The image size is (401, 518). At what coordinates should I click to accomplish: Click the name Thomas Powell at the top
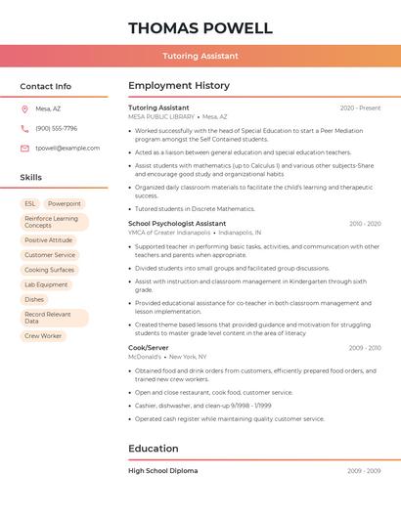pos(200,27)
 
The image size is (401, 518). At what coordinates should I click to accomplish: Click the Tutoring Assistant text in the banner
pos(200,56)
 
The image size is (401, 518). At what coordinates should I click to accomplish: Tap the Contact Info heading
pos(46,86)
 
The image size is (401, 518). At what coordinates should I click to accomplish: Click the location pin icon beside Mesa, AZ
pos(24,108)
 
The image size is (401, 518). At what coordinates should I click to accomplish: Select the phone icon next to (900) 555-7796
pos(24,128)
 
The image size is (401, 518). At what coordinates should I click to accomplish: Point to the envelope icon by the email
pos(24,148)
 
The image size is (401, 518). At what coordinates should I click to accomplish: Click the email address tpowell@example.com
pos(67,148)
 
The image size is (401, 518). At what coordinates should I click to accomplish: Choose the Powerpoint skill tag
pos(65,203)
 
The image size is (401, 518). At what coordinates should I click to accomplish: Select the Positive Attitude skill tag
pos(49,239)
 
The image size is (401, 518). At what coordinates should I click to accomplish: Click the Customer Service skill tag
pos(50,255)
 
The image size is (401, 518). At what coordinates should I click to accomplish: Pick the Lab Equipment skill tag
pos(46,284)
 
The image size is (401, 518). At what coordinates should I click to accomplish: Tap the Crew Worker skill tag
pos(43,335)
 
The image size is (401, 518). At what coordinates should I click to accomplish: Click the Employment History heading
pos(179,86)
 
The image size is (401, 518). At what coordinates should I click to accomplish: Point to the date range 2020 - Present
pos(360,108)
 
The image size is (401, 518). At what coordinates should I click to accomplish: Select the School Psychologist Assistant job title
pos(177,223)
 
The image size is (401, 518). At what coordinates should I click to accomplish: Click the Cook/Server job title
pos(149,347)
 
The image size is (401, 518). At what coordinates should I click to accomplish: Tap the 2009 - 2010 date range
pos(364,347)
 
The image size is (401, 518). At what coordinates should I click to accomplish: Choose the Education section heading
pos(154,449)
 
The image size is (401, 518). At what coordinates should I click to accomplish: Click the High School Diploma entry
pos(162,470)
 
